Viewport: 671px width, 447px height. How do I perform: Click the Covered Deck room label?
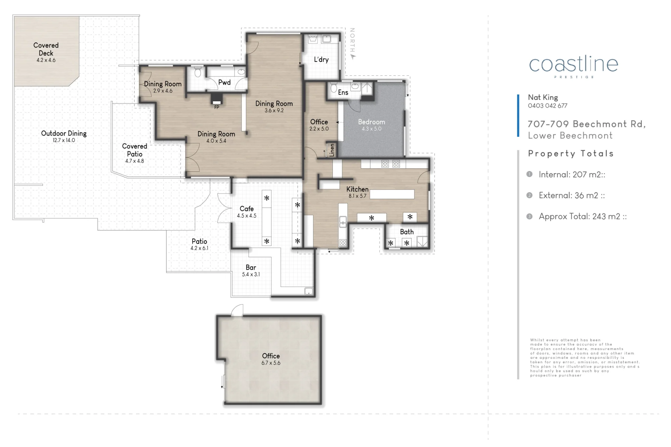point(46,49)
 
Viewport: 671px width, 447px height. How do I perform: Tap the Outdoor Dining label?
point(64,133)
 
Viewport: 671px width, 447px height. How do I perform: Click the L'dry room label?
point(321,59)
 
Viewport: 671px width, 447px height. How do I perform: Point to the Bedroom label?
point(371,122)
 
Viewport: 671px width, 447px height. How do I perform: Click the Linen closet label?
point(332,150)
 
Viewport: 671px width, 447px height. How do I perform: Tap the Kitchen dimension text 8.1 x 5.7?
point(357,196)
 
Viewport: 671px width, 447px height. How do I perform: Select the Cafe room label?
point(247,209)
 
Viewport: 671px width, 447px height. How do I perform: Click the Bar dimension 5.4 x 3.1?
point(251,274)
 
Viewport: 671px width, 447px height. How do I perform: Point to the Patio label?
point(199,241)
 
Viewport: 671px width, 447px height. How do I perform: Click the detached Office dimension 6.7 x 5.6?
point(271,363)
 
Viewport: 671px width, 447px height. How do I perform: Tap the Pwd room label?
point(224,82)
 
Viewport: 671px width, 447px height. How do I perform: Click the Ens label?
point(343,92)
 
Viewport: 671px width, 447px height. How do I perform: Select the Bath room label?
point(407,232)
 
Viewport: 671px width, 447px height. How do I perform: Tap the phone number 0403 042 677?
point(548,106)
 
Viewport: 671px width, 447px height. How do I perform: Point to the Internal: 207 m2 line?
point(572,174)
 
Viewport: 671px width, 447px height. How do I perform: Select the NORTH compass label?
point(352,40)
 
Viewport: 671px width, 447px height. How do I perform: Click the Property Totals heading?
point(571,154)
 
